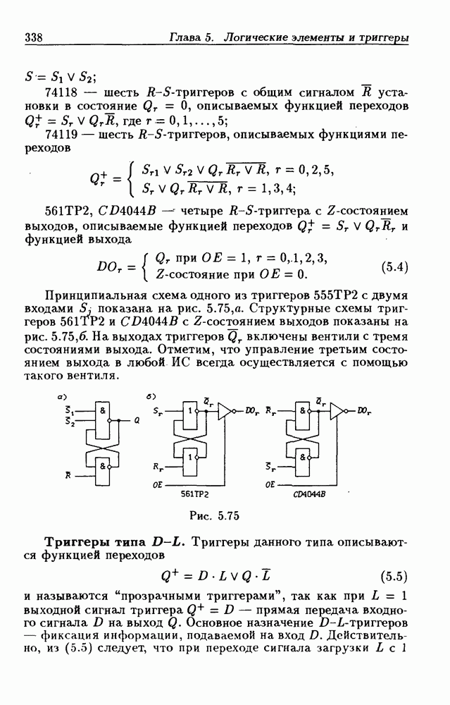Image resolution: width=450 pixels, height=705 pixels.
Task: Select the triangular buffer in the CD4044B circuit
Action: (x=337, y=410)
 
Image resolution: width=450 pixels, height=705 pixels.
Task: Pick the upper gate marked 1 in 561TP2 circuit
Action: (x=189, y=412)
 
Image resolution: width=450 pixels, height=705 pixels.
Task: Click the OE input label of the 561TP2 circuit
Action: (x=157, y=486)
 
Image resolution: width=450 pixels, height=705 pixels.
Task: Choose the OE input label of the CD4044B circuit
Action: (x=270, y=486)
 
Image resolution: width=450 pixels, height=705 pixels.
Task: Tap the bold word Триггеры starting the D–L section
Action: (x=75, y=541)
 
